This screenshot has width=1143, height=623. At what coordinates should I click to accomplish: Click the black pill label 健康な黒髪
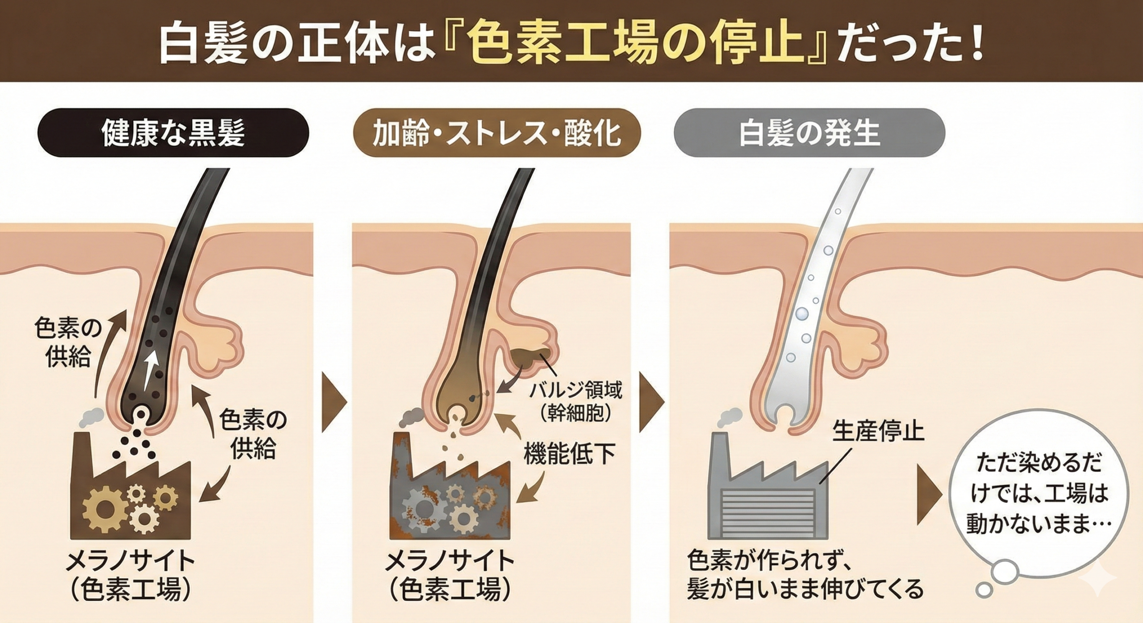(x=173, y=133)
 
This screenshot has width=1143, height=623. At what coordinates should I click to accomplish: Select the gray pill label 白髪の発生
(x=809, y=133)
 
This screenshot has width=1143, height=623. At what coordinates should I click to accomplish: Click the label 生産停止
(x=878, y=432)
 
